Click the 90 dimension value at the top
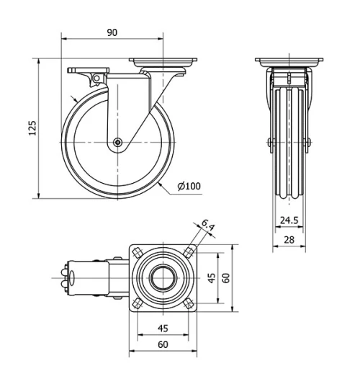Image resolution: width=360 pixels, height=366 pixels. (112, 32)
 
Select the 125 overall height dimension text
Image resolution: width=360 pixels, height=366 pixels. (31, 129)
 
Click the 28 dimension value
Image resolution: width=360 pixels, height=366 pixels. (288, 238)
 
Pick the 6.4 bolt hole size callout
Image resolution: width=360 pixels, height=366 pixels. (208, 227)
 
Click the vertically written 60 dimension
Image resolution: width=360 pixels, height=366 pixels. (225, 277)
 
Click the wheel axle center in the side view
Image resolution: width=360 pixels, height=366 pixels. (117, 143)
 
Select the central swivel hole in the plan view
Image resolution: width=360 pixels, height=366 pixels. (163, 277)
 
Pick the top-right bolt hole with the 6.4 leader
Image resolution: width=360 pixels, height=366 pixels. (188, 252)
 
